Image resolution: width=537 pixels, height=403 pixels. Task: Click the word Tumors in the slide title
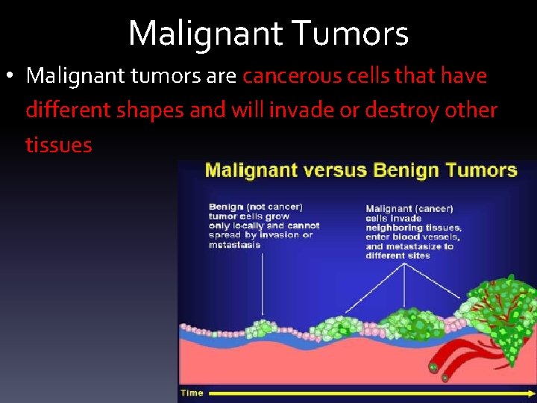pos(351,34)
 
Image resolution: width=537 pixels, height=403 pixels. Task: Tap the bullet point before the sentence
pos(12,76)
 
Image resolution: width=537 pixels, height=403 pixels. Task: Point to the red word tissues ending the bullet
pos(58,144)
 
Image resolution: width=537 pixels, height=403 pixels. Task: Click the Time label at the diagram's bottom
pos(192,393)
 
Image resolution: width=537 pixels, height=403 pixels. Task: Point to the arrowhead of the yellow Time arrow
pos(530,393)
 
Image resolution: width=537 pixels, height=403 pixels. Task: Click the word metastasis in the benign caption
pos(235,244)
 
